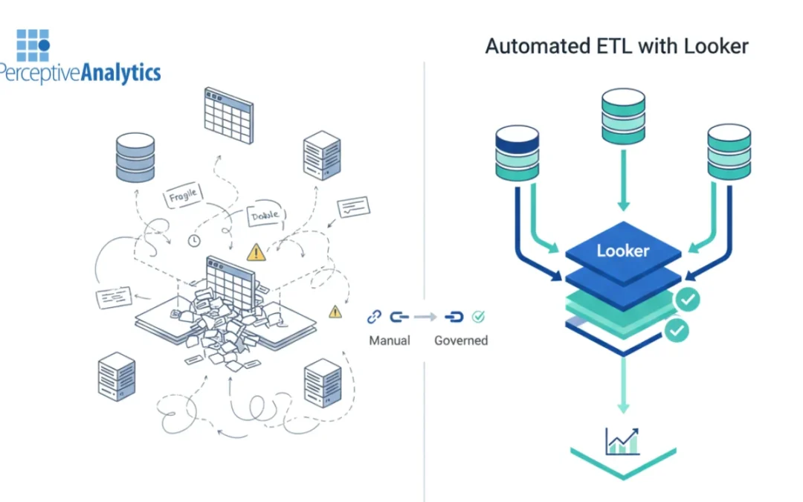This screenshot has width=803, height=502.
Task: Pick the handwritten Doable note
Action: click(265, 215)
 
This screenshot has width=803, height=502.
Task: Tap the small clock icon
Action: click(194, 240)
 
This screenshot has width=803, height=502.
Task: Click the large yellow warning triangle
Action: click(257, 252)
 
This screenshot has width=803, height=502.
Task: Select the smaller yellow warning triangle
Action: click(335, 311)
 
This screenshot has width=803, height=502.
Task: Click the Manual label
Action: click(390, 341)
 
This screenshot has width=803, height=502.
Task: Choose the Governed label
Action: click(461, 341)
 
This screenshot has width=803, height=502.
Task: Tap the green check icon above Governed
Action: click(479, 318)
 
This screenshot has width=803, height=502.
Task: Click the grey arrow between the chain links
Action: click(425, 318)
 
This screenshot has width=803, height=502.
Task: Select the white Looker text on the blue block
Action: click(622, 251)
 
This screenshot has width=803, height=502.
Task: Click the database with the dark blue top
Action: click(517, 152)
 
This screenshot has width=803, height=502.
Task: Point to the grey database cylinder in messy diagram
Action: click(135, 157)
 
